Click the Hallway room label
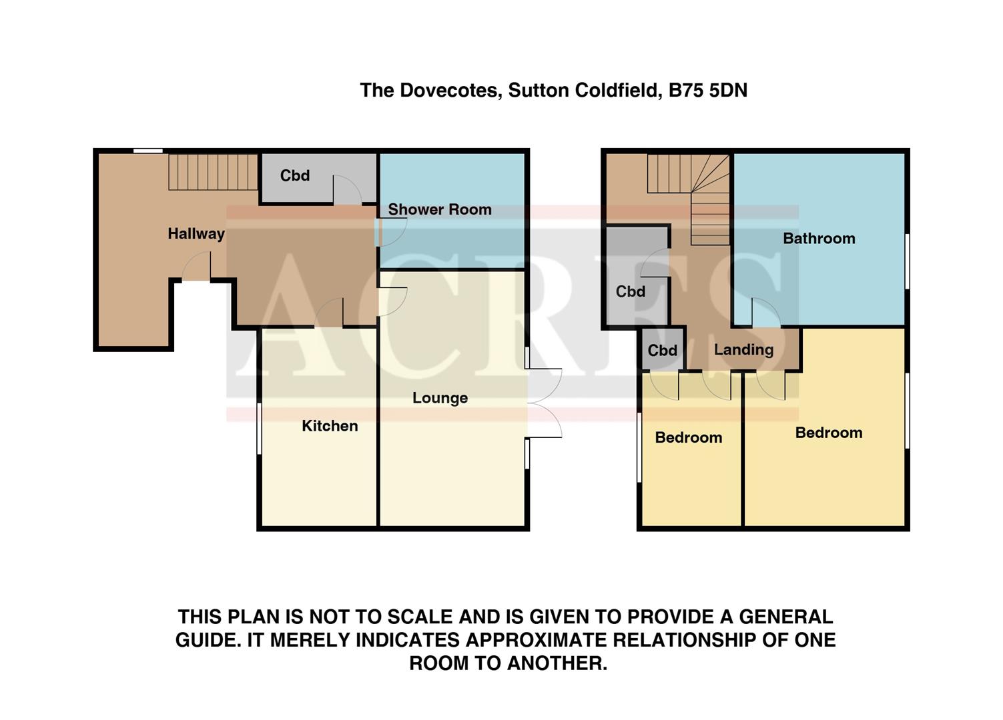coord(196,234)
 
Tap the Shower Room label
coord(440,209)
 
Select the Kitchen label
coord(330,426)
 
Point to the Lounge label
coord(440,398)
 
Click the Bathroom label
coord(819,239)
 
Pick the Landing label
coord(743,350)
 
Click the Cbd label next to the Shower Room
coord(295,176)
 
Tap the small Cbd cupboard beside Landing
coord(663,351)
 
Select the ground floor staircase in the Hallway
coord(212,172)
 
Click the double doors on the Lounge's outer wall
coord(544,403)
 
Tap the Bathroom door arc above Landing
coord(766,312)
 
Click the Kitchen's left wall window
coord(260,429)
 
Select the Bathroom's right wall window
coord(907,261)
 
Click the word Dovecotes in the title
coord(449,91)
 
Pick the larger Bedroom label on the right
coord(829,433)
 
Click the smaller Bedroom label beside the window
coord(688,438)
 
